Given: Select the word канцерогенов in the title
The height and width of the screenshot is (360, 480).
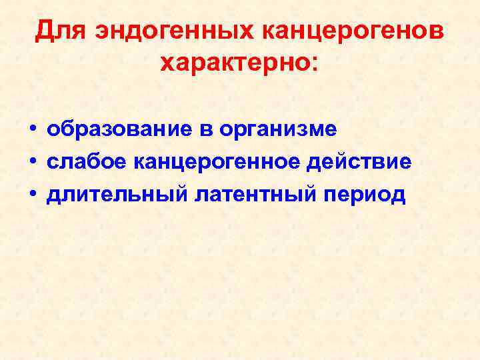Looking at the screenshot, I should [353, 31].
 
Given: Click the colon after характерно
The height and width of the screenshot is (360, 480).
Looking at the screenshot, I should [313, 65].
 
